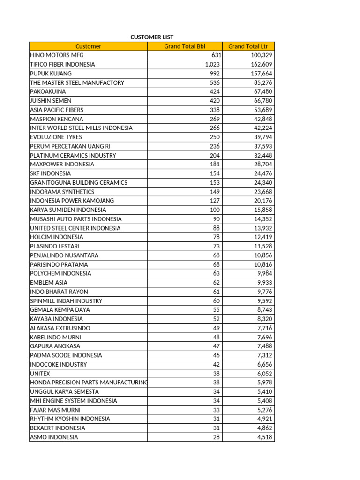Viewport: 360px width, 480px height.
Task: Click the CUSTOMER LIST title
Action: pyautogui.click(x=151, y=37)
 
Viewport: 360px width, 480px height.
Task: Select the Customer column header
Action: pyautogui.click(x=88, y=46)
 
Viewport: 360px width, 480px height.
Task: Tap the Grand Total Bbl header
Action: pyautogui.click(x=185, y=46)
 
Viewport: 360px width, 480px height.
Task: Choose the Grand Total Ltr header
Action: pyautogui.click(x=248, y=46)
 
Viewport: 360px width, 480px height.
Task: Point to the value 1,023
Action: pyautogui.click(x=212, y=64)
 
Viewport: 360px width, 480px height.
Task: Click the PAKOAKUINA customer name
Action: pyautogui.click(x=48, y=91)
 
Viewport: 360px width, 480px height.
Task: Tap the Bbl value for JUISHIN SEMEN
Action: pyautogui.click(x=215, y=101)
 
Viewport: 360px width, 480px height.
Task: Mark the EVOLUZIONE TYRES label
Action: pyautogui.click(x=56, y=137)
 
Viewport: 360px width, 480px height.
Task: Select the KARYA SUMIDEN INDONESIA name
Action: pyautogui.click(x=68, y=210)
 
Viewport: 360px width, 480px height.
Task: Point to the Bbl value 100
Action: pyautogui.click(x=215, y=210)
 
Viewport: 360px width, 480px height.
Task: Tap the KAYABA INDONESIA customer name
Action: pyautogui.click(x=56, y=319)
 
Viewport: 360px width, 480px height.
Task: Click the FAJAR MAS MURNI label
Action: pyautogui.click(x=55, y=410)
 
